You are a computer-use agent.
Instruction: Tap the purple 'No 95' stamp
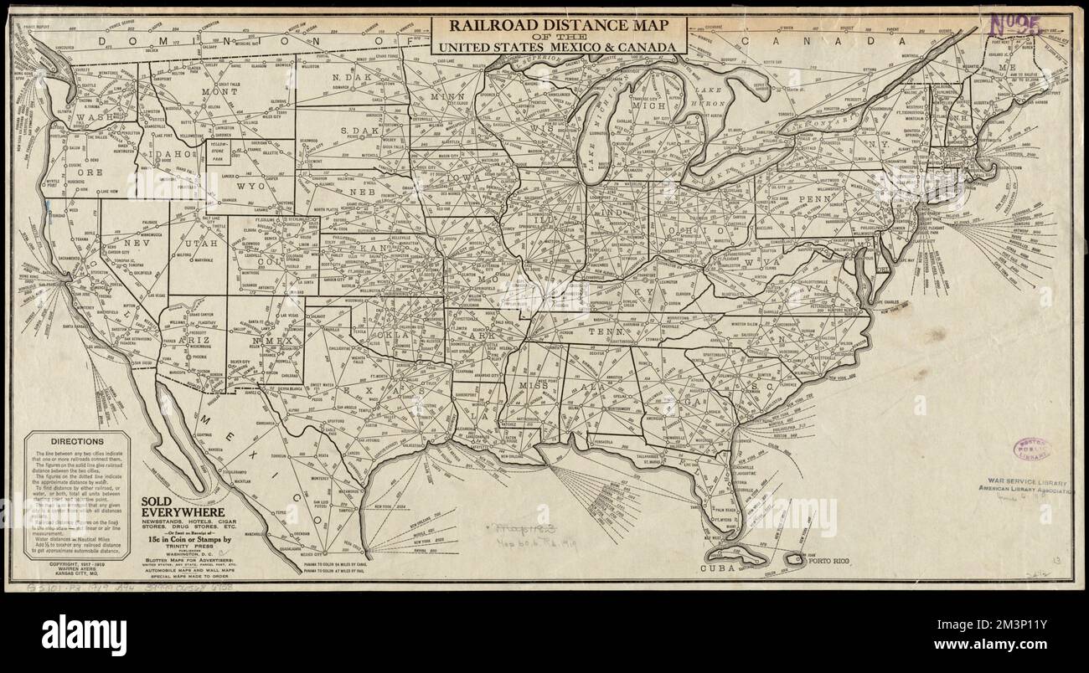[1014, 25]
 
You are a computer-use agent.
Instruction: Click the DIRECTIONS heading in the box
[77, 441]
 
